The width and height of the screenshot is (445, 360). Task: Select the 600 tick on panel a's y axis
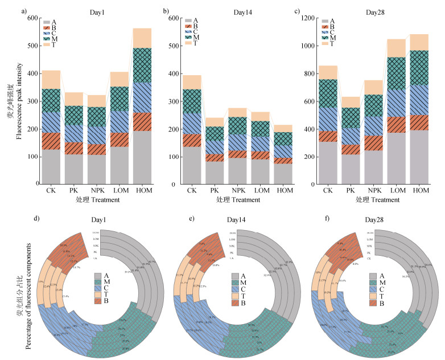(28, 18)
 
